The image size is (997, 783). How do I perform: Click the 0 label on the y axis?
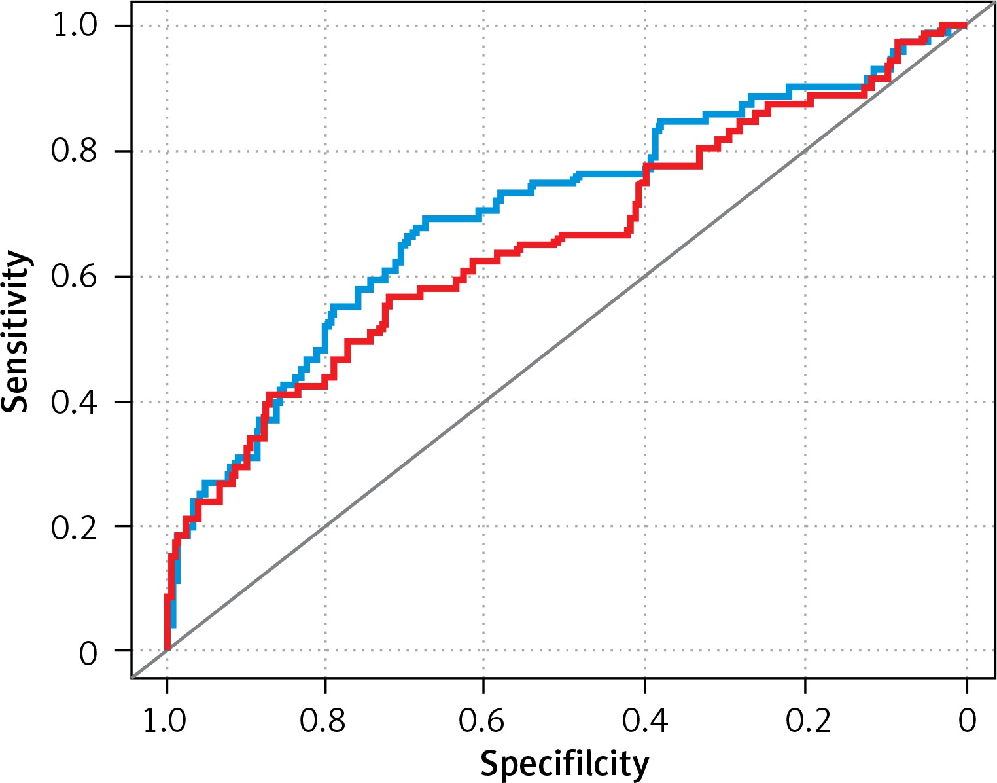tap(88, 653)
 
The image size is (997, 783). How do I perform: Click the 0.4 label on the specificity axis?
tap(644, 720)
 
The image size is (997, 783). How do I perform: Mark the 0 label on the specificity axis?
tap(967, 720)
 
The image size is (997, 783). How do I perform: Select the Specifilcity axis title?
tap(565, 763)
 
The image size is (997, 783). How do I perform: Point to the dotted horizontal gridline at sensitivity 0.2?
tap(458, 526)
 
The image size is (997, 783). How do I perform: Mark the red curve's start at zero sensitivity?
tap(167, 647)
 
